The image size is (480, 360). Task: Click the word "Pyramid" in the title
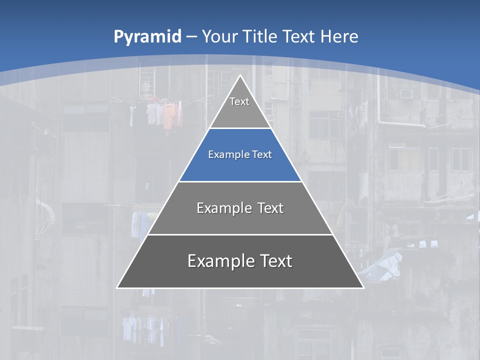point(147,37)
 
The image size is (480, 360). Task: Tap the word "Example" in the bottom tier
point(220,261)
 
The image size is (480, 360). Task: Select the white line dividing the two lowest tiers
point(240,234)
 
